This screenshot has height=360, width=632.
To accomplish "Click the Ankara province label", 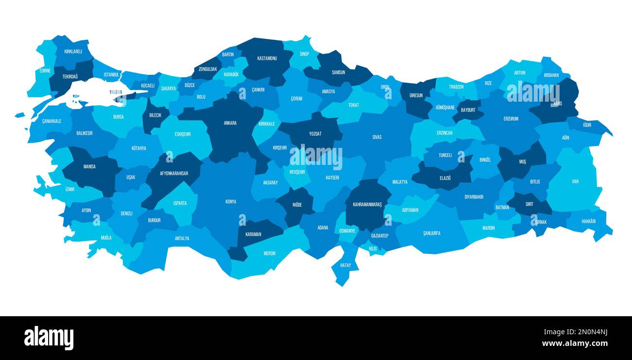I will click(x=230, y=123).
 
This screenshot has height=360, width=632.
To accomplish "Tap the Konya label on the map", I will click(x=230, y=201).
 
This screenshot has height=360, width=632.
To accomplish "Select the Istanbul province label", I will click(x=111, y=74).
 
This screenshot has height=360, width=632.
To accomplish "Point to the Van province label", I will click(x=575, y=181).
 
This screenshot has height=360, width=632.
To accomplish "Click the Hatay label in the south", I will click(x=345, y=265).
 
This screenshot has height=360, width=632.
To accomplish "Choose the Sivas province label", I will click(x=377, y=137).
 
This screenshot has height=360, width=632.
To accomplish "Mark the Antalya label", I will click(x=182, y=238).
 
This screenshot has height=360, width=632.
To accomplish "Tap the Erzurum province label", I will click(x=511, y=119).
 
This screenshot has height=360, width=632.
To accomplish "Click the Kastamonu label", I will click(x=267, y=58).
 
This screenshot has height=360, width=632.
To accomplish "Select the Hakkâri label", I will click(x=588, y=221).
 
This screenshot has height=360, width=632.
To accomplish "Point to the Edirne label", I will click(x=45, y=71).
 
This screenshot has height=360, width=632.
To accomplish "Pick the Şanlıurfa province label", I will click(x=431, y=233).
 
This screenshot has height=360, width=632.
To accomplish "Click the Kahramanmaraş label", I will click(x=367, y=204).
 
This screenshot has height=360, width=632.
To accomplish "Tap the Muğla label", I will click(x=106, y=237).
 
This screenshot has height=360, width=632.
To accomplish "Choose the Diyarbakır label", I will click(x=474, y=197).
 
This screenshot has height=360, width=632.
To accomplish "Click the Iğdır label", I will click(x=587, y=125).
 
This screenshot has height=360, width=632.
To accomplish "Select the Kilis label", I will click(x=373, y=249).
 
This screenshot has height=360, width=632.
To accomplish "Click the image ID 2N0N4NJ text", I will click(x=586, y=332).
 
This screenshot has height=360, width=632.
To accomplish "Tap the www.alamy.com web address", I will click(x=575, y=343).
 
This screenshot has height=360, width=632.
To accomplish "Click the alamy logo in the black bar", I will click(x=49, y=338).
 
